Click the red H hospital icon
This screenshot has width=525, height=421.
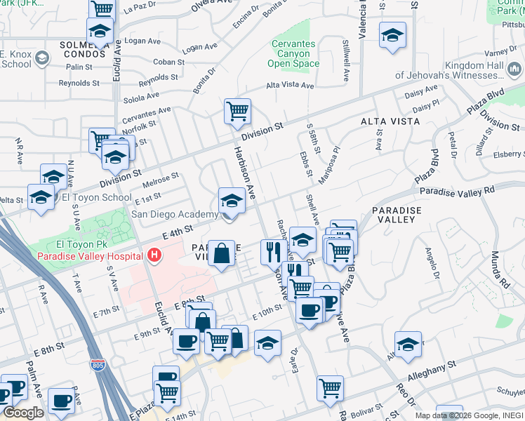coord(154,255)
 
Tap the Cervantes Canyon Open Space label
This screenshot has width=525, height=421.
coord(294,54)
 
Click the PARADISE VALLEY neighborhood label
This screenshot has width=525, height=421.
coord(397,215)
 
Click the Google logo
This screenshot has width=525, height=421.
coord(23,413)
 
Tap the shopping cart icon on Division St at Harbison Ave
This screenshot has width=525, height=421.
coord(237,111)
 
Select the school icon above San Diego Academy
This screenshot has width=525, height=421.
coord(232,201)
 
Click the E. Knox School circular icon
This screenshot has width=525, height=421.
coord(43,57)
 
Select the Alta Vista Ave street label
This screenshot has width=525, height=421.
coord(289,85)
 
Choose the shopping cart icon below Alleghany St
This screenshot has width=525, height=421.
coord(330,388)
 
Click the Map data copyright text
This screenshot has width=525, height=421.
coord(469,415)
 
